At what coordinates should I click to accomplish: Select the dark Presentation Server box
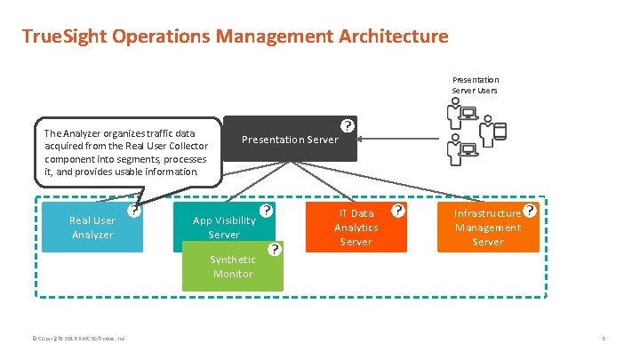290,140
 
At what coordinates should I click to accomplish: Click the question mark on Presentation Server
348,126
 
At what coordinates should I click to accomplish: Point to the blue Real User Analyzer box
92,228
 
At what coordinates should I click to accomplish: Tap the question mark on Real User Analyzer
133,212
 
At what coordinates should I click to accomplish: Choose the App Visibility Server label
223,228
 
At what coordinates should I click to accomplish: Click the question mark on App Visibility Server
266,212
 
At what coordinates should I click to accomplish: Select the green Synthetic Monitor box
232,267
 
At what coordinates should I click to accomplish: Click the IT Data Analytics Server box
356,228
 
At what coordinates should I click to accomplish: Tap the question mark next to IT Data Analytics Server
398,211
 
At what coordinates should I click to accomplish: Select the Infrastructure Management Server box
487,228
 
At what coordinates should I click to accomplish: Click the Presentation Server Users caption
475,85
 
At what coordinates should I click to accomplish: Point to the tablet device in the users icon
500,132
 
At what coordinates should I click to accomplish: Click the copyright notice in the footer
78,339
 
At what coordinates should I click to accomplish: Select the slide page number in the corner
604,339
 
